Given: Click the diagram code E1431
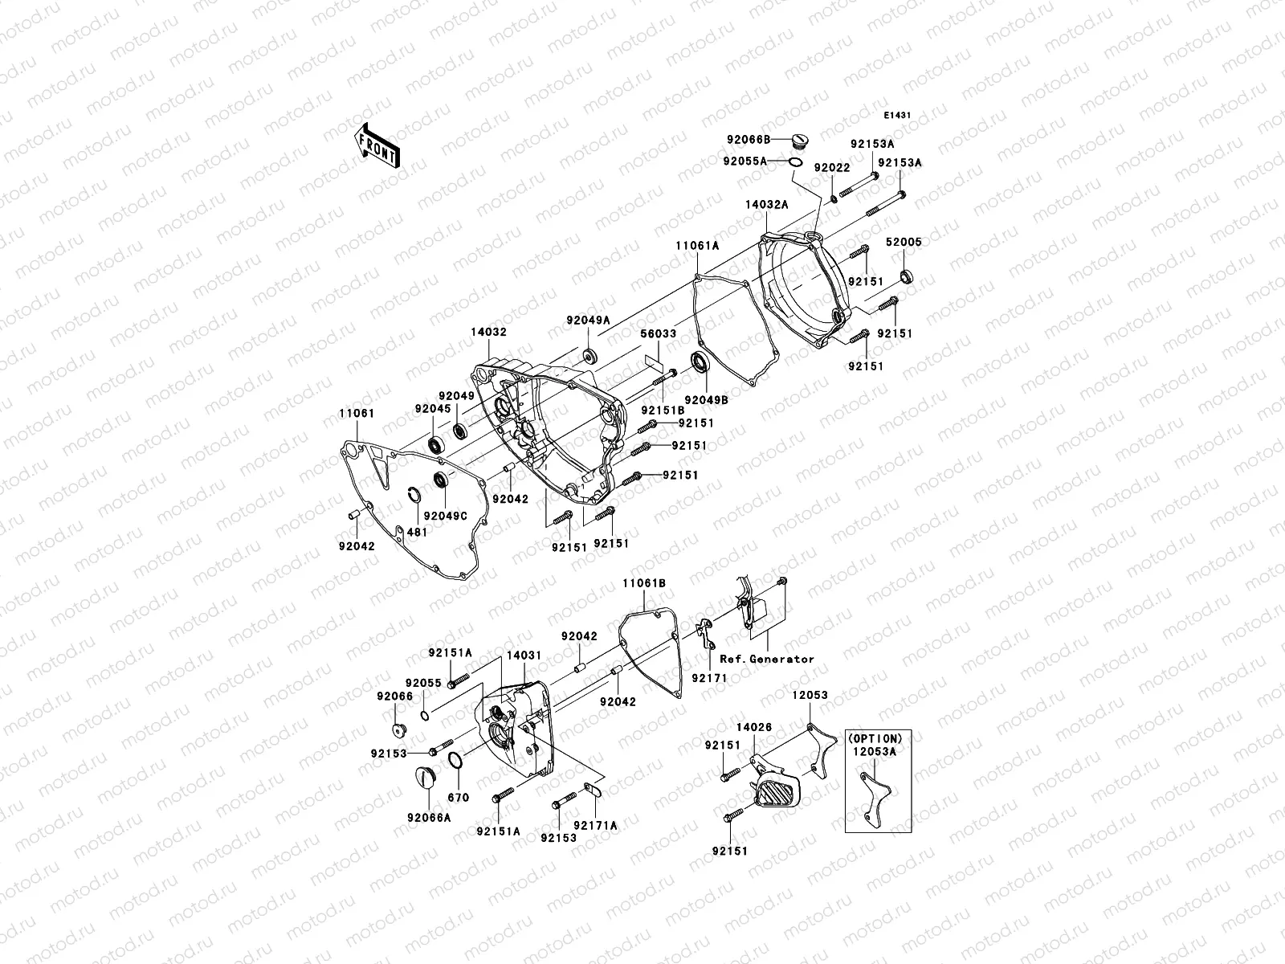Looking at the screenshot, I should (898, 116).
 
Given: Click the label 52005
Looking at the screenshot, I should (904, 242).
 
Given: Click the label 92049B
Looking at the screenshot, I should (706, 399).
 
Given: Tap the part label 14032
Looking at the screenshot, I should (489, 331).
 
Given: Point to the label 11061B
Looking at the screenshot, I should (644, 582).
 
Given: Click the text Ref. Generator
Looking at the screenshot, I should (767, 659).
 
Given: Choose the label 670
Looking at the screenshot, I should (459, 798).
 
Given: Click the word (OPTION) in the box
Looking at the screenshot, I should (875, 738).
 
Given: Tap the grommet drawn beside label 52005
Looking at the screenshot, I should (908, 277).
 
